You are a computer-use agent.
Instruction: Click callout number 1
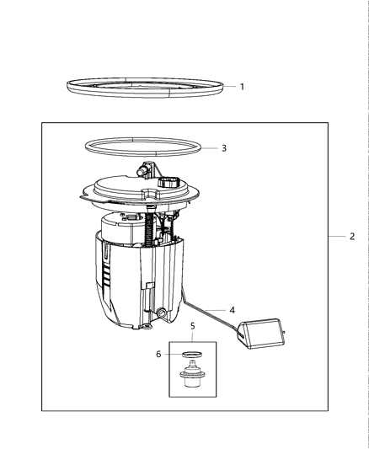pyautogui.click(x=242, y=86)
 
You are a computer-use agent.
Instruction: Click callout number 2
pyautogui.click(x=351, y=237)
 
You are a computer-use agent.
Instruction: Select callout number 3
pyautogui.click(x=223, y=148)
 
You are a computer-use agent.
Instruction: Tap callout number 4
pyautogui.click(x=231, y=309)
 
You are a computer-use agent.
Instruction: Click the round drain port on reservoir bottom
pyautogui.click(x=157, y=314)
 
